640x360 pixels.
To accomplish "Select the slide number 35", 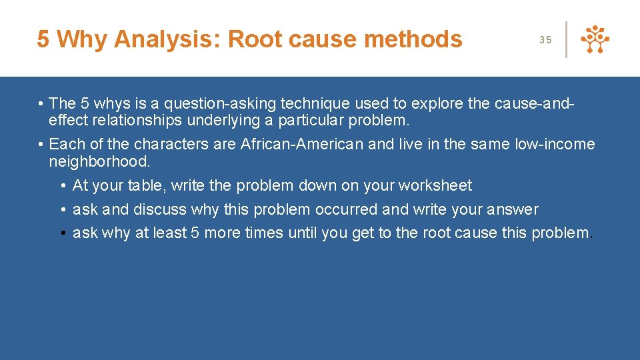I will (545, 40).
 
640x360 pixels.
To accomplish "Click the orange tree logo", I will (595, 40).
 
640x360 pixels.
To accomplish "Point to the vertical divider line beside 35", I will (567, 39).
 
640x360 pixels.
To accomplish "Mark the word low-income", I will (555, 144).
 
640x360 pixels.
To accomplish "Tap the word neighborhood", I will (99, 161).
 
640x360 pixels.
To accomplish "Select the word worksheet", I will (435, 185).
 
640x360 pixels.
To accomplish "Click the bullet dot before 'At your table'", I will (61, 185).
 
